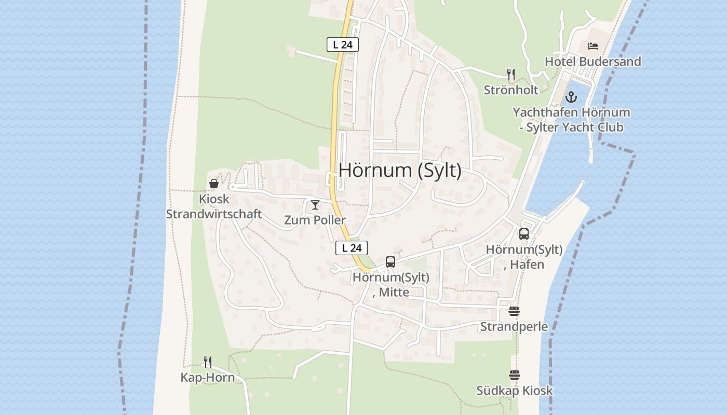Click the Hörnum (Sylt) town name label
point(400,170)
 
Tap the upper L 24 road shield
point(343,45)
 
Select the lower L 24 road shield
point(352,248)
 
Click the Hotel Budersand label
point(593,61)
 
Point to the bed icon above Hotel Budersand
point(593,46)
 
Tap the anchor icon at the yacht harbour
point(571,97)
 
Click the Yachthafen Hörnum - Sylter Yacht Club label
point(571,120)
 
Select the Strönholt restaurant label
point(511,90)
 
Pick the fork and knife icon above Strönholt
point(511,75)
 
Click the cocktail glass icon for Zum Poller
point(315,205)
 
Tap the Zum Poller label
point(315,220)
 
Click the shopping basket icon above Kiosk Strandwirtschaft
point(213,184)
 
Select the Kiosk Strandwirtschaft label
point(213,206)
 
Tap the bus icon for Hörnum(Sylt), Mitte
point(391,262)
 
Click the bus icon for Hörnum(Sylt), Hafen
point(524,234)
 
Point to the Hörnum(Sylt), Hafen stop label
point(524,257)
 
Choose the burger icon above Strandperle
point(514,311)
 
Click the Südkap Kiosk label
point(515,391)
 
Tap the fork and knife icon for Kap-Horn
point(207,362)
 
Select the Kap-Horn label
point(207,377)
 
